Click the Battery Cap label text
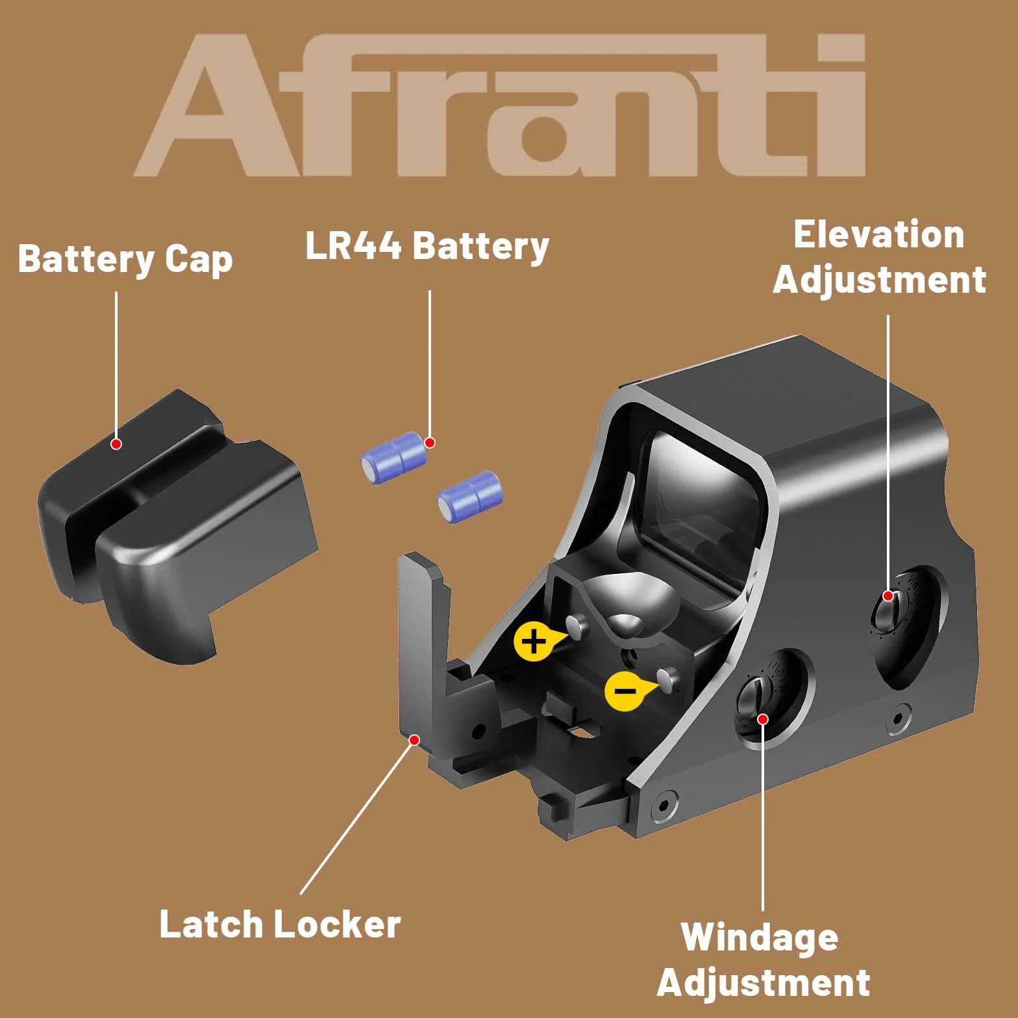pos(125,259)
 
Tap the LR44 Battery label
pos(427,246)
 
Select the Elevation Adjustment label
pos(880,257)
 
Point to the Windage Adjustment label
pos(763,960)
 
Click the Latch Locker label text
pos(280,924)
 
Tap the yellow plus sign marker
pos(534,641)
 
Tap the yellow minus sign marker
pos(625,691)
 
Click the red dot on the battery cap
pos(116,444)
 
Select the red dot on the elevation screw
pos(888,596)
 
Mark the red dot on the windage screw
pos(763,719)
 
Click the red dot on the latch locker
pos(414,740)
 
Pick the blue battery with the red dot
pos(394,457)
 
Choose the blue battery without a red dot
pos(469,497)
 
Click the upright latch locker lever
pos(422,649)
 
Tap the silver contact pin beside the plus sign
pos(577,626)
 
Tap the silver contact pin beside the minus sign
pos(667,678)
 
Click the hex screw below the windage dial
pos(664,805)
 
